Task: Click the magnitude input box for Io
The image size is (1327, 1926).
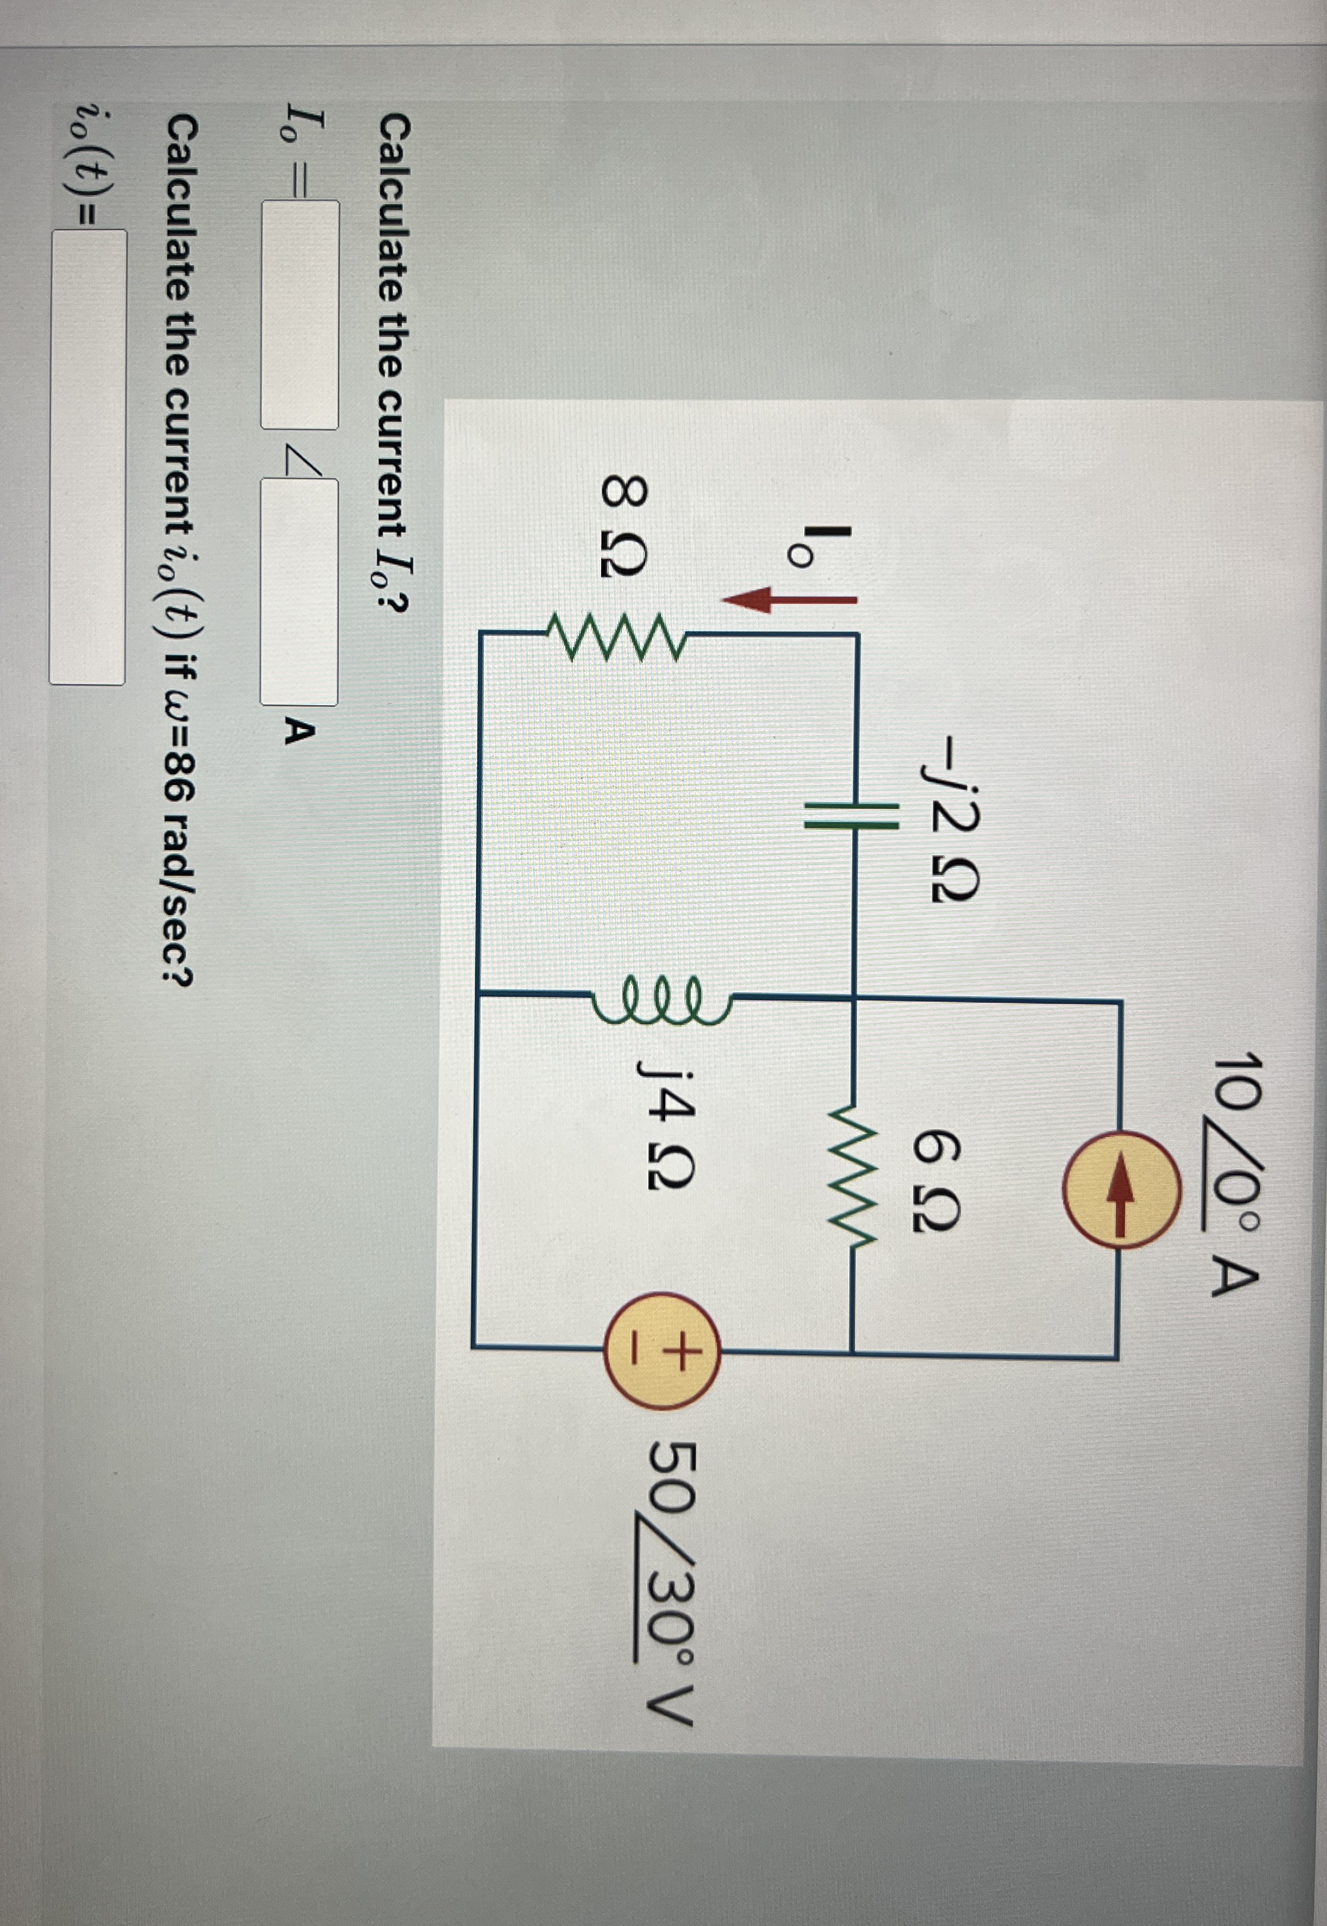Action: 300,315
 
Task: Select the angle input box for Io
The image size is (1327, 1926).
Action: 299,593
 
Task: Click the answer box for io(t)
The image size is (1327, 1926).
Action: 87,457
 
